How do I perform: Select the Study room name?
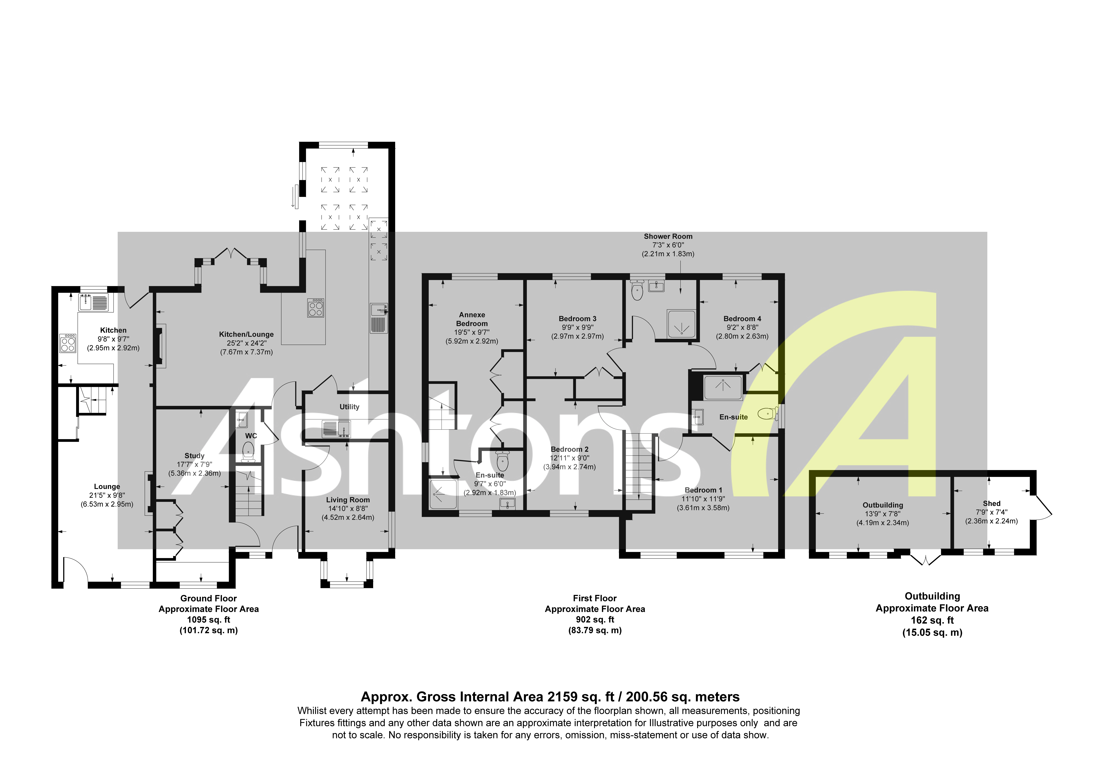point(194,455)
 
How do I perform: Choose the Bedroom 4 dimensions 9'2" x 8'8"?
point(742,327)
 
